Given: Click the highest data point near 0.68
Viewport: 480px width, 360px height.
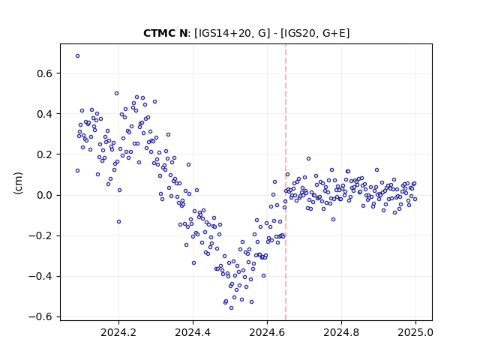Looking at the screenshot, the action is coord(77,56).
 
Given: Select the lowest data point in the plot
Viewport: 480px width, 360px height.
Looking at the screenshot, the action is coord(231,308).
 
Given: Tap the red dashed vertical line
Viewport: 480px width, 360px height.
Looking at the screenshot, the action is coord(286,182).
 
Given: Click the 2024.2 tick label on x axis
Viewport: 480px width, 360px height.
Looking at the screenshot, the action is coord(118,332).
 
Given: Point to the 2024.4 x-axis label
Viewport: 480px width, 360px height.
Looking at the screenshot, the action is coord(193,332).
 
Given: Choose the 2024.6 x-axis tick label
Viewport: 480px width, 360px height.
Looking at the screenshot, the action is coord(267,332).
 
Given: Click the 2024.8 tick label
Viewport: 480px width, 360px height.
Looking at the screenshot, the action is coord(341,332).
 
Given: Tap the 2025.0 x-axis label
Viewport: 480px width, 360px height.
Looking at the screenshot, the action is coord(415,332).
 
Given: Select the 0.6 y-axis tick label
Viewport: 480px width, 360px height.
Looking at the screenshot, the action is coord(44,73).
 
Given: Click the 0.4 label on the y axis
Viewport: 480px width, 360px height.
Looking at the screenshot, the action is coord(44,114).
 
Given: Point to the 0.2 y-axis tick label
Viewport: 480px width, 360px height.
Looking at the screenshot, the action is coord(44,154).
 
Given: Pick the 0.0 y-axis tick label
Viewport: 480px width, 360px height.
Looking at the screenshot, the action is coord(44,195).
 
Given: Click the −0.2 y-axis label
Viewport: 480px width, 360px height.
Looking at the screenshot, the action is coord(40,235).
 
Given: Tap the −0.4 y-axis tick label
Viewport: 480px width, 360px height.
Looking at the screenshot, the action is coord(40,277).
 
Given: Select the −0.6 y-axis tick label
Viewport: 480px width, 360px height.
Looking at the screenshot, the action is coord(40,316).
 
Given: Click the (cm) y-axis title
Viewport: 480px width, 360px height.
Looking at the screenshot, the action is coord(18,183).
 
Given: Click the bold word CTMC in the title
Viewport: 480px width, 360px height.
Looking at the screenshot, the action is coord(158,33).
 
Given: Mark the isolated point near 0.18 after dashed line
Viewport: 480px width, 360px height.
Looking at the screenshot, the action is coord(308,158).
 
